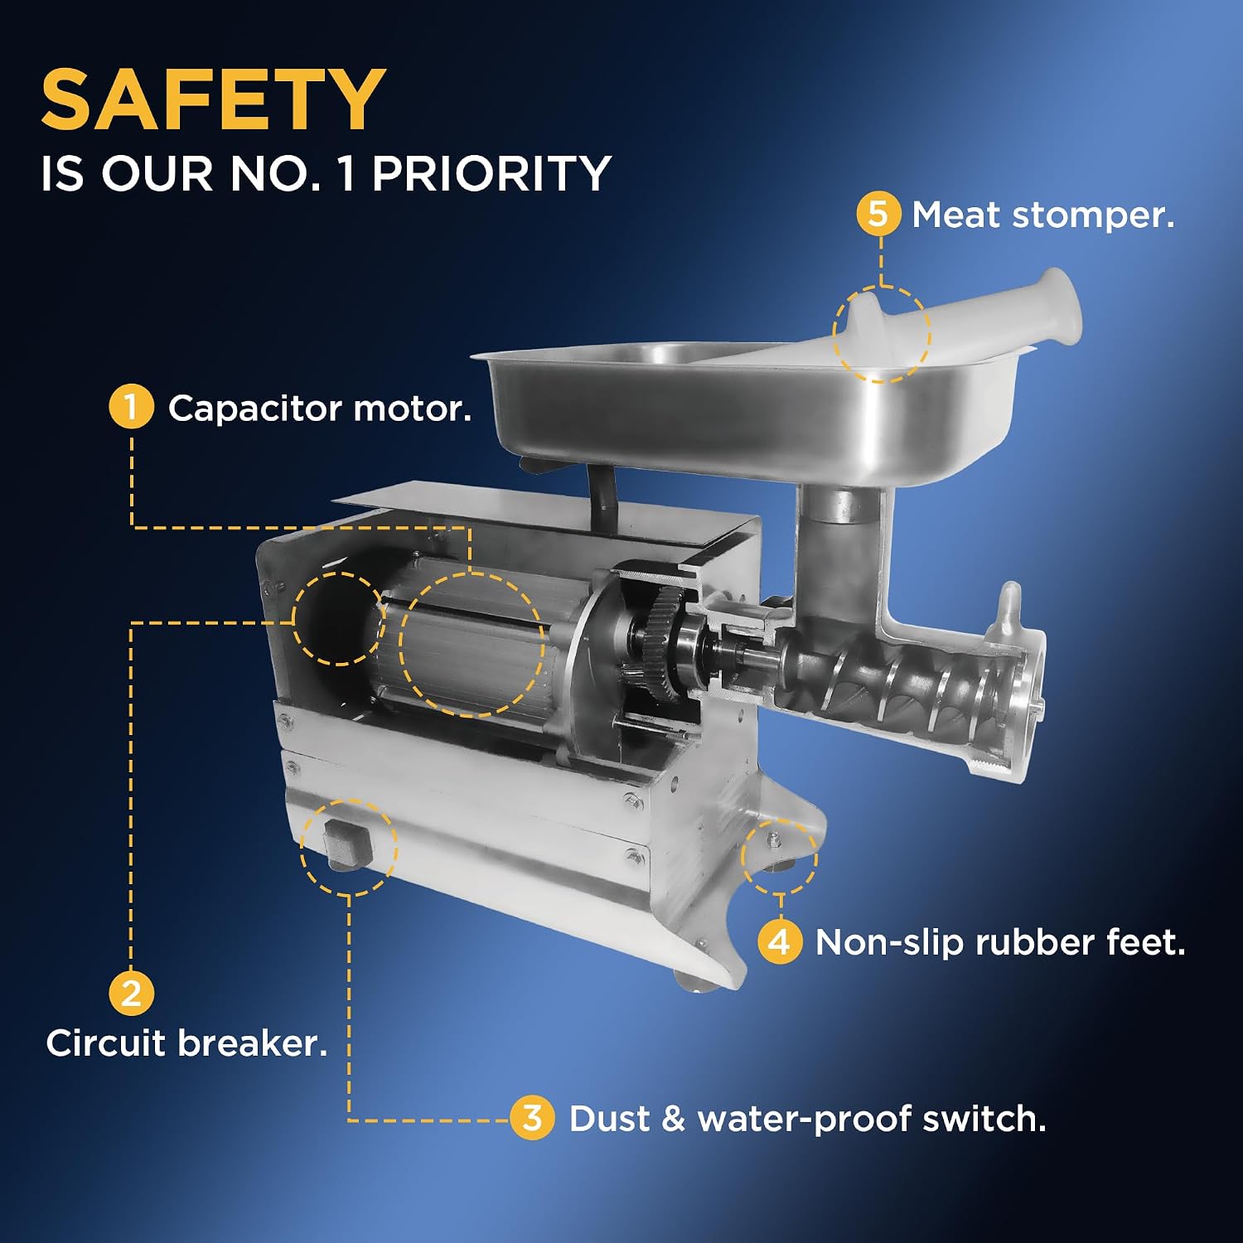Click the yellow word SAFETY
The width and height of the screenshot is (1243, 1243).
[213, 99]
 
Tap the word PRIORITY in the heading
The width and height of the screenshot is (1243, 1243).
[491, 174]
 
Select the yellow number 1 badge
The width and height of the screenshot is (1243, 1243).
[131, 407]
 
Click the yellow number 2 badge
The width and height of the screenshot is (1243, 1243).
[131, 993]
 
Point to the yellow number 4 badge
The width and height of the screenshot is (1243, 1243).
[780, 942]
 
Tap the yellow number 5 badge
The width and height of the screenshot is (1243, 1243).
[878, 214]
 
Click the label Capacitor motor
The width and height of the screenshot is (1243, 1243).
[320, 409]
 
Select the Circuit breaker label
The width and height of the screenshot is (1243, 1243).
[186, 1043]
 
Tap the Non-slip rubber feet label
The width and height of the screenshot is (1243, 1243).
[1000, 943]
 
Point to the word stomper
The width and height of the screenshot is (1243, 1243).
[1093, 216]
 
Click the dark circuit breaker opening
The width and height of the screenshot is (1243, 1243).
[336, 618]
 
